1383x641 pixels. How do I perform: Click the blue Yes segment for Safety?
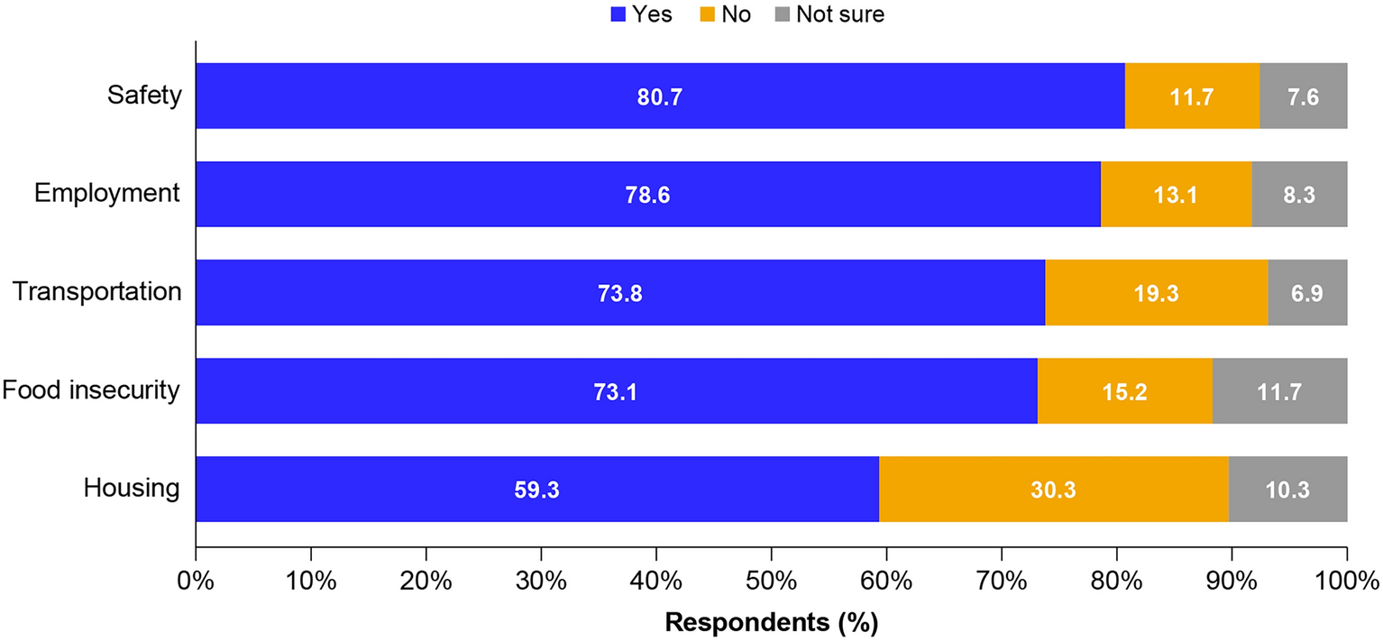(451, 96)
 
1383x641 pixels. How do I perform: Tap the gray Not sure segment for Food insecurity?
(1279, 390)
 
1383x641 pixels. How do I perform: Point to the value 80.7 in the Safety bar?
(660, 96)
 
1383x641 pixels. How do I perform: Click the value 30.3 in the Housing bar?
(1054, 490)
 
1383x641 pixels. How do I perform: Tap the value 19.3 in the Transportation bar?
(1157, 293)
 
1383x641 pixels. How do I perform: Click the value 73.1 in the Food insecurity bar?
(617, 391)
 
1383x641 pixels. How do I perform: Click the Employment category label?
(107, 194)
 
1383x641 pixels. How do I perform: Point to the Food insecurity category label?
(91, 390)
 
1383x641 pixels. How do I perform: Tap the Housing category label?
(132, 489)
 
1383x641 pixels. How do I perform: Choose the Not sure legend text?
(840, 14)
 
